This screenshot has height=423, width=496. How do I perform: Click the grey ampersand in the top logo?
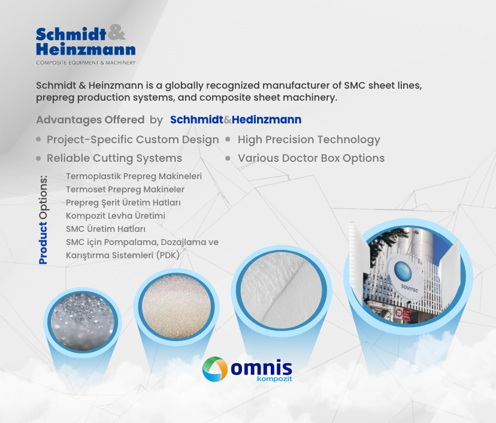(x=116, y=32)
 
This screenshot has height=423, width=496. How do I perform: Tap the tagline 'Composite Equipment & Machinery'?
(x=86, y=63)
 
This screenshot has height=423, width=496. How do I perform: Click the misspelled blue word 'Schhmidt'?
(x=196, y=120)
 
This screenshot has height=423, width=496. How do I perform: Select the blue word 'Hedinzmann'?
(x=267, y=120)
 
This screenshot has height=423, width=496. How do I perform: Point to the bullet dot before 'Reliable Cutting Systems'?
(x=38, y=158)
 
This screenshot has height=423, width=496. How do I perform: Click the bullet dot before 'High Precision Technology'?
(x=228, y=139)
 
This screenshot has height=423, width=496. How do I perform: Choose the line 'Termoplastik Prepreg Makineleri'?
(x=134, y=176)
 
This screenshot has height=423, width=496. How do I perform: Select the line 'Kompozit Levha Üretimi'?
(x=116, y=216)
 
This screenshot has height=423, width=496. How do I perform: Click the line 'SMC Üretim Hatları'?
(x=105, y=229)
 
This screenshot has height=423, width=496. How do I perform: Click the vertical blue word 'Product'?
(x=43, y=243)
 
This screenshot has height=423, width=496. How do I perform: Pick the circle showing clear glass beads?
(x=83, y=322)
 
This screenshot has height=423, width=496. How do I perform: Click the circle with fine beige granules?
(x=176, y=306)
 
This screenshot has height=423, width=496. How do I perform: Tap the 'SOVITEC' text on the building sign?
(x=409, y=289)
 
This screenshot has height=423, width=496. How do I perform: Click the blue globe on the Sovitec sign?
(x=403, y=272)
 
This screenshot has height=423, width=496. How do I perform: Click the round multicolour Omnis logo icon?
(x=215, y=369)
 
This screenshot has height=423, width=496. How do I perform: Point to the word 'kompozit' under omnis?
(x=274, y=379)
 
